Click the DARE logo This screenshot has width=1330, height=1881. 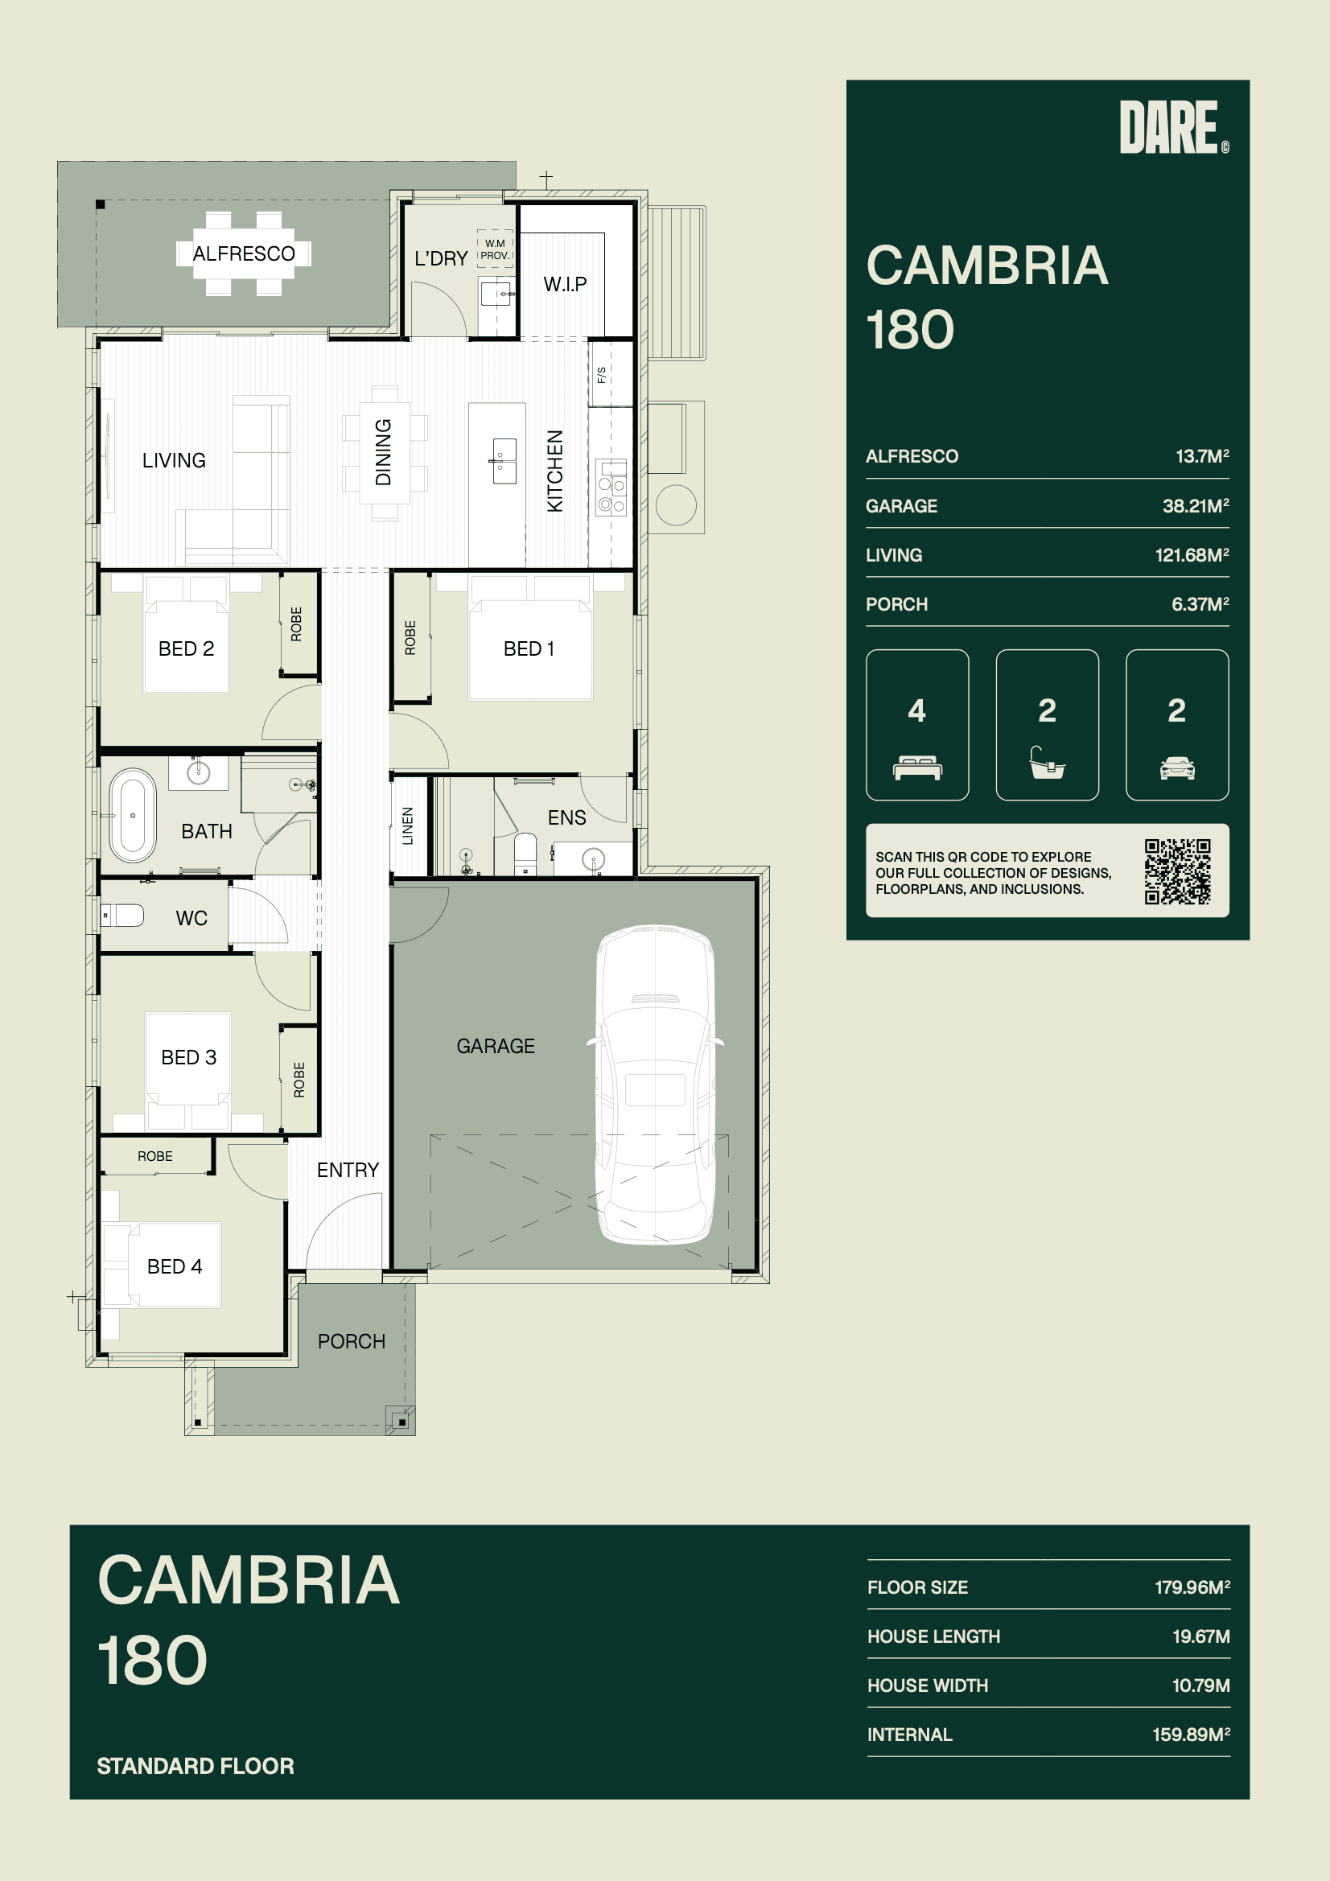[1173, 127]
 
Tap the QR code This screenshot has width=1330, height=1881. [1178, 871]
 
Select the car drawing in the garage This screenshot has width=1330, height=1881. [655, 1086]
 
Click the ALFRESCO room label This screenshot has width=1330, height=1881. [243, 254]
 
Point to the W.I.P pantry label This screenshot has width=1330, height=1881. [565, 284]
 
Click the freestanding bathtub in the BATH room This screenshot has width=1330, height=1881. [133, 815]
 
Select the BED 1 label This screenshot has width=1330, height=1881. [529, 648]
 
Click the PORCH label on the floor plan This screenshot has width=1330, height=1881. [352, 1341]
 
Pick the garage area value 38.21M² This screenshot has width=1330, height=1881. [1196, 505]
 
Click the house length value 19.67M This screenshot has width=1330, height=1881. [1200, 1636]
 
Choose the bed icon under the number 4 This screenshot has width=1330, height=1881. [917, 768]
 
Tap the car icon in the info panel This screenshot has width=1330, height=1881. [1177, 768]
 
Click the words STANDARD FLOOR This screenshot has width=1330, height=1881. [195, 1765]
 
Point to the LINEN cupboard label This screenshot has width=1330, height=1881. [407, 825]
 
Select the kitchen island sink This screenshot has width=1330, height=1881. [504, 460]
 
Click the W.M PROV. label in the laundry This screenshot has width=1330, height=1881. [495, 250]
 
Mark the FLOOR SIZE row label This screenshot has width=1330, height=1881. [918, 1587]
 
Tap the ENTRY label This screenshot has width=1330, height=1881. [348, 1170]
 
